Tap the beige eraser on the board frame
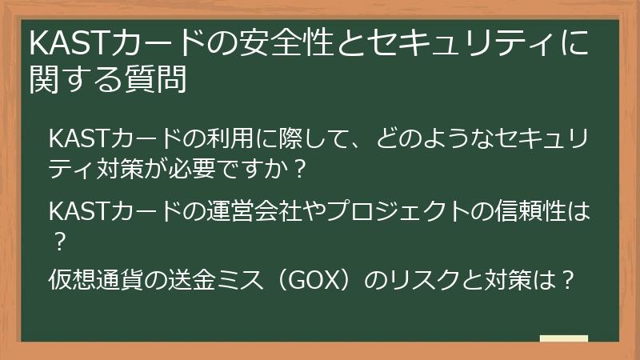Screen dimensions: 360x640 pos(563,338)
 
